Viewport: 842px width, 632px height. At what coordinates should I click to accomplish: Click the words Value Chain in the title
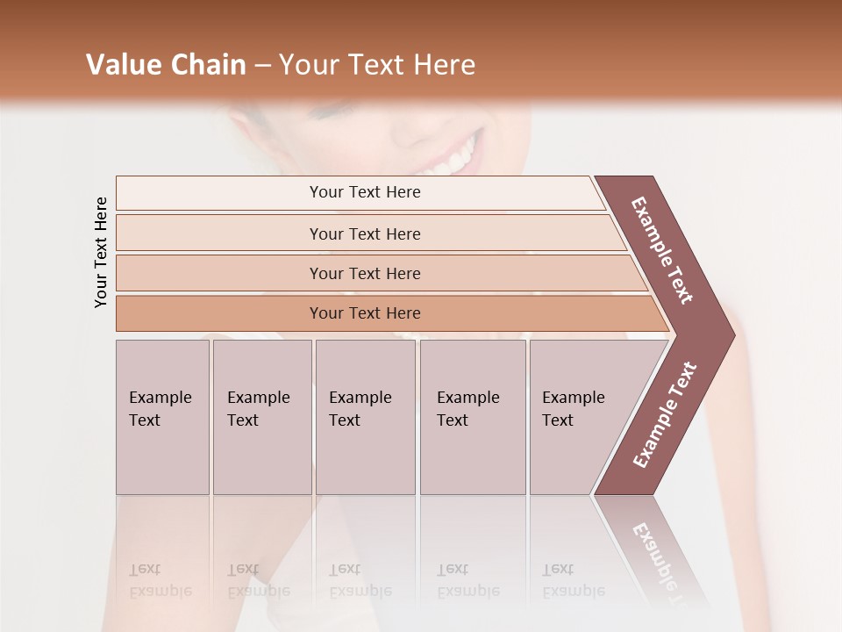pos(166,65)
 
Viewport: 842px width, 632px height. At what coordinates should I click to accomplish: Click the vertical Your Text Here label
pos(101,252)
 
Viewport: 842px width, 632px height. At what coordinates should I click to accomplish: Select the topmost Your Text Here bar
pos(364,192)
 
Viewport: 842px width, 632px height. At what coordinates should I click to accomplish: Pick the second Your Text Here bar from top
pos(364,233)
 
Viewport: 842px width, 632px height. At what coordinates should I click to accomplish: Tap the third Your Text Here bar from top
pos(364,273)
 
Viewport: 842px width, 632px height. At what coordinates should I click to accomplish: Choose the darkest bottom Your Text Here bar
pos(364,313)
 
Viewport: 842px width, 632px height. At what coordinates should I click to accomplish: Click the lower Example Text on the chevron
pos(665,414)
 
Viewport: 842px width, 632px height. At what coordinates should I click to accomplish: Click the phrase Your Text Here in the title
pos(377,65)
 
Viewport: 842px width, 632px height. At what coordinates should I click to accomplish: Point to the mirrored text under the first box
pos(160,580)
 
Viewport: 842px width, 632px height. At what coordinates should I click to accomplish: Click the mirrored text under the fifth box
pos(573,580)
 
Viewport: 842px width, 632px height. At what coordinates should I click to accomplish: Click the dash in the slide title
pos(262,65)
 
